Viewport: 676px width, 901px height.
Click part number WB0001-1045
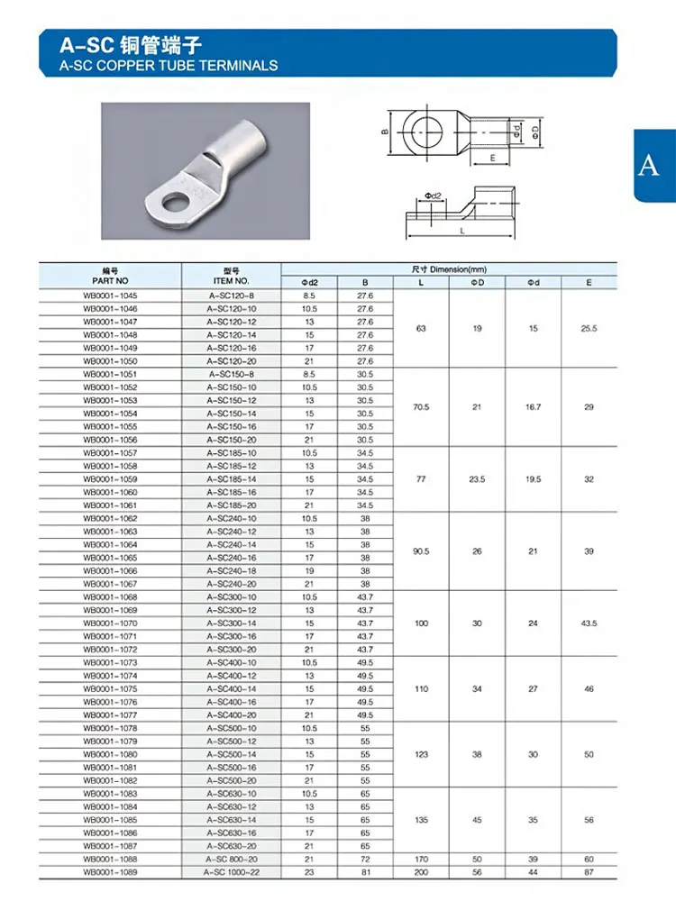click(110, 296)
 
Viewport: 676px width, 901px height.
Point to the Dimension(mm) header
click(449, 268)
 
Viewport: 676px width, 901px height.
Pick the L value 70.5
click(421, 407)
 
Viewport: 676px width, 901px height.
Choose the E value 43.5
click(589, 623)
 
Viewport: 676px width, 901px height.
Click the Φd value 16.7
click(533, 407)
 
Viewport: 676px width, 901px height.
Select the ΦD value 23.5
click(477, 479)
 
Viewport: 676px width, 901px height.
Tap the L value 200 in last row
click(421, 872)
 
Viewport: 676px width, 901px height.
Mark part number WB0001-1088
click(110, 859)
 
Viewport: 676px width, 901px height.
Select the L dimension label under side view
click(463, 231)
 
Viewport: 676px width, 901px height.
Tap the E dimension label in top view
click(492, 157)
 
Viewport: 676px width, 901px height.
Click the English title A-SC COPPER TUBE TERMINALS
click(169, 65)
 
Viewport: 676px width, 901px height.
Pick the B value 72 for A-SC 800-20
click(365, 859)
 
